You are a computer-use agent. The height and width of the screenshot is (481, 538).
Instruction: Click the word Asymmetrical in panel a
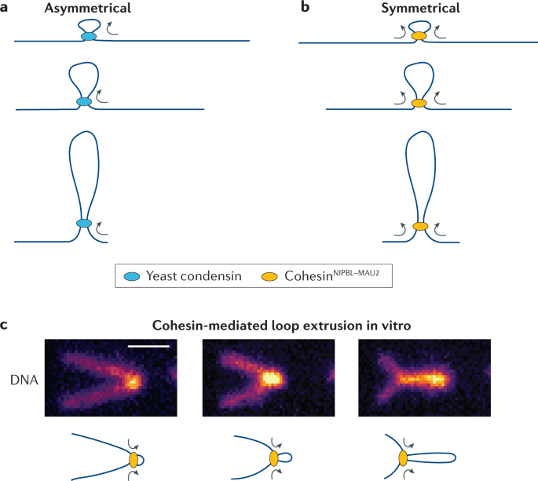(x=87, y=8)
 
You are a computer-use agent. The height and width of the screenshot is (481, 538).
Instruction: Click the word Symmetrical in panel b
(x=420, y=8)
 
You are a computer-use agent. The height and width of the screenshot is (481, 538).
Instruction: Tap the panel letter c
(x=4, y=325)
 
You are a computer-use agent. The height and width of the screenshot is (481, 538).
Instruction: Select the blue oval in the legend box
(x=132, y=276)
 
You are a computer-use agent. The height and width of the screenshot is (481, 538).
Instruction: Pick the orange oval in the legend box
(x=269, y=276)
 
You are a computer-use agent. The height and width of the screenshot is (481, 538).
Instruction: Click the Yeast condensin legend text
(x=194, y=276)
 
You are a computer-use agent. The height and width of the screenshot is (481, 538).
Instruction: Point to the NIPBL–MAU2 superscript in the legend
(x=356, y=273)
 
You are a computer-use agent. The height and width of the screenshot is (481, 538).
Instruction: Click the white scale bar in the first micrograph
(x=148, y=346)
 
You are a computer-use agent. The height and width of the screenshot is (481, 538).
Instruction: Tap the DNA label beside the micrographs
(x=24, y=380)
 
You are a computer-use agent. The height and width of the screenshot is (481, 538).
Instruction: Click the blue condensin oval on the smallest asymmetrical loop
(x=89, y=36)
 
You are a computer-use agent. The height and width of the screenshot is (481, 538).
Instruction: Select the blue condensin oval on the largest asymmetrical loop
(x=84, y=223)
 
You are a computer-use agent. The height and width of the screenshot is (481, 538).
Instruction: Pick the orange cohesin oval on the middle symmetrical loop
(x=419, y=103)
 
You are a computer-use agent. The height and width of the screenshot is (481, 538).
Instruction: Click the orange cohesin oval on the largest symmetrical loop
(x=420, y=226)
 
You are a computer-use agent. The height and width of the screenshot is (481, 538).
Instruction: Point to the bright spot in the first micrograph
(x=133, y=381)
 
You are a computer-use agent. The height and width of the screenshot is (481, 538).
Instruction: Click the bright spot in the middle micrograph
(x=271, y=378)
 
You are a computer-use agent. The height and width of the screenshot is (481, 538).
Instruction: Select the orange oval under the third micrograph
(x=403, y=458)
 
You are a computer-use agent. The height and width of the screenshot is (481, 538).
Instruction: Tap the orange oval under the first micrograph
(x=134, y=460)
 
